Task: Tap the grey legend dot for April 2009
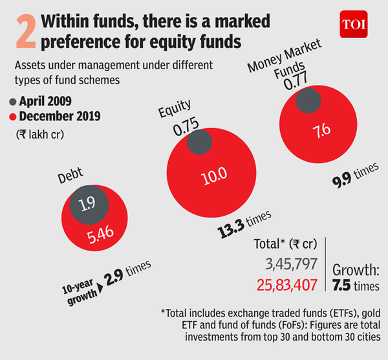pos(13,102)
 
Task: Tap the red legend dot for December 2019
pos(13,117)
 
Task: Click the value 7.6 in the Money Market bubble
pos(321,129)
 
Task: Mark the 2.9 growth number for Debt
pos(116,278)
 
